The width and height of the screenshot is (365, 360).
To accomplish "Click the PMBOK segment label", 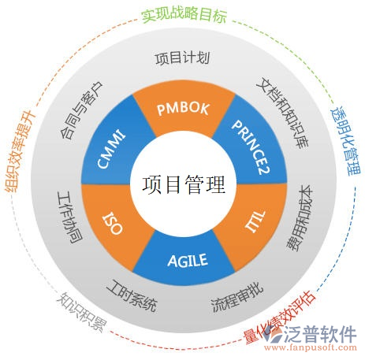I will coord(183,108).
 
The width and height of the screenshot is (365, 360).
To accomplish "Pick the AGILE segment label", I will coord(187,260).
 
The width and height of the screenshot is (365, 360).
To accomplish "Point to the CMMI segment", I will coord(112,147).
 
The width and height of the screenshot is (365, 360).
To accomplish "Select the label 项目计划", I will coord(182,58).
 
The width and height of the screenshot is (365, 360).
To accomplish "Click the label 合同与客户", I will coord(81,109).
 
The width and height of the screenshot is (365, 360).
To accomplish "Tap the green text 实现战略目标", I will coord(182,14).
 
